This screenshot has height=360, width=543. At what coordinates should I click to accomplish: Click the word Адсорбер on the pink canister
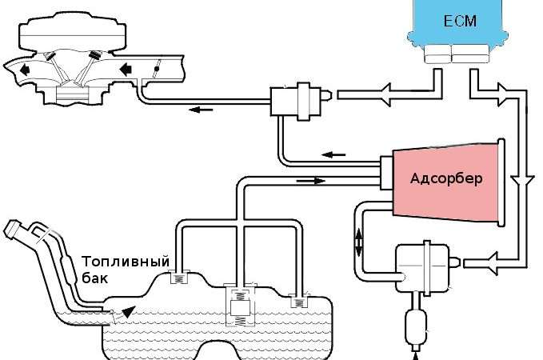tap(446, 178)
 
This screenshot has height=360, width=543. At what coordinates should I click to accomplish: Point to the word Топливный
tap(126, 262)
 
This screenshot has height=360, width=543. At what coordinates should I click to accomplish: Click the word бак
tap(94, 278)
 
